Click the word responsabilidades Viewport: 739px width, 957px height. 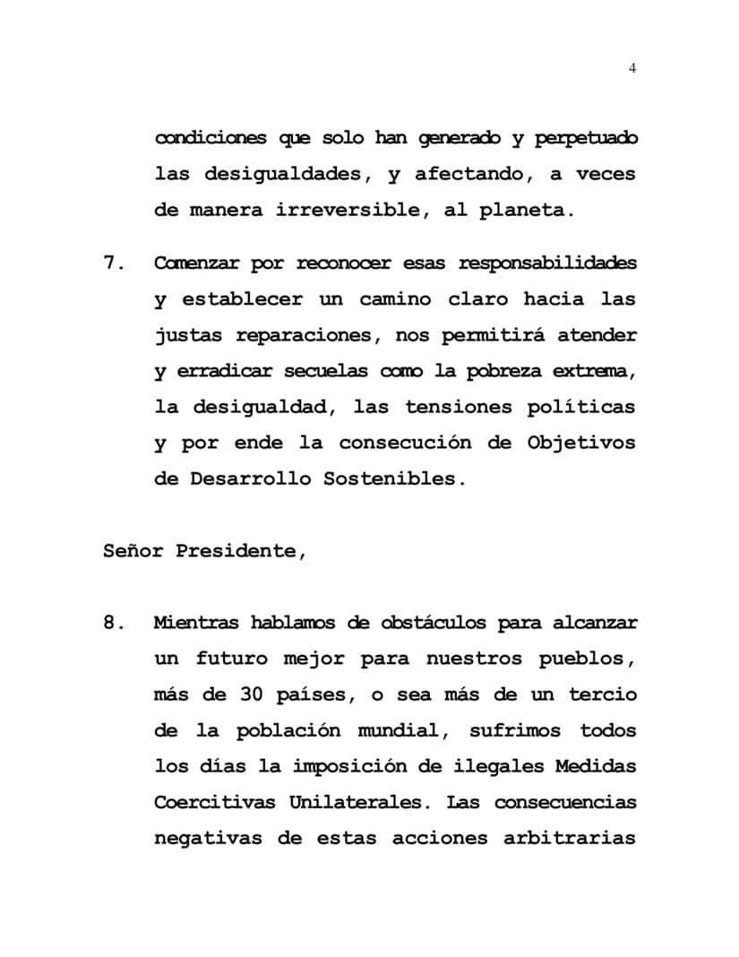click(547, 263)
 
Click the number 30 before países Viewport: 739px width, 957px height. click(251, 694)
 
